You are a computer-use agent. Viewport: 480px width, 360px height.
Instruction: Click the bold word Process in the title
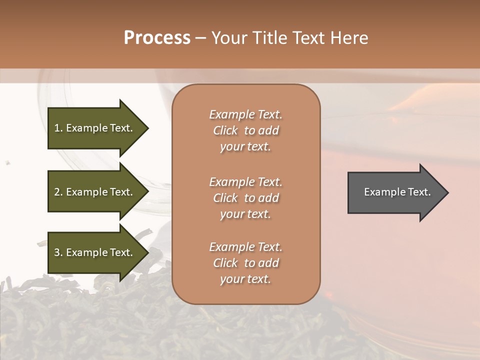click(x=157, y=38)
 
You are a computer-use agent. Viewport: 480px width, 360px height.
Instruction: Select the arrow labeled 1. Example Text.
click(x=95, y=128)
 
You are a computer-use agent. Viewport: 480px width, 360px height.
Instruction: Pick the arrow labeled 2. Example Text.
click(x=95, y=192)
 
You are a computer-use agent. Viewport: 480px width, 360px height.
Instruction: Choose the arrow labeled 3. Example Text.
click(x=95, y=252)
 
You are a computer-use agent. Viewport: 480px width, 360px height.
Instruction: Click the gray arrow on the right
click(x=395, y=192)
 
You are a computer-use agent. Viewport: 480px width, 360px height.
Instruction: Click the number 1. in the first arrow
click(x=58, y=128)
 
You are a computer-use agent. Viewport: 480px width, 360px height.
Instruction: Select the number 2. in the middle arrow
click(x=58, y=192)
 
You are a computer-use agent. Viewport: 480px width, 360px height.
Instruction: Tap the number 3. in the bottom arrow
click(x=58, y=252)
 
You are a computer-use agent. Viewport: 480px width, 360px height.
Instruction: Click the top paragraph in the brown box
click(x=245, y=130)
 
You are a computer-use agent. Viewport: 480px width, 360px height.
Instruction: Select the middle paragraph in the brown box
click(x=245, y=198)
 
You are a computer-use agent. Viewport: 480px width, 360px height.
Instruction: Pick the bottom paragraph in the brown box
click(x=245, y=263)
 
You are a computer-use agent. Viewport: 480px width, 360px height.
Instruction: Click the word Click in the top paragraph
click(x=225, y=130)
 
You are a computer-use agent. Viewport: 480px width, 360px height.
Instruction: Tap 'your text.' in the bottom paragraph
click(x=245, y=279)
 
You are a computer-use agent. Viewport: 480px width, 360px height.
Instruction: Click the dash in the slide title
click(x=200, y=38)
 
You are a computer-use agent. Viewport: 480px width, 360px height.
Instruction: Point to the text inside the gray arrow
click(x=397, y=192)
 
